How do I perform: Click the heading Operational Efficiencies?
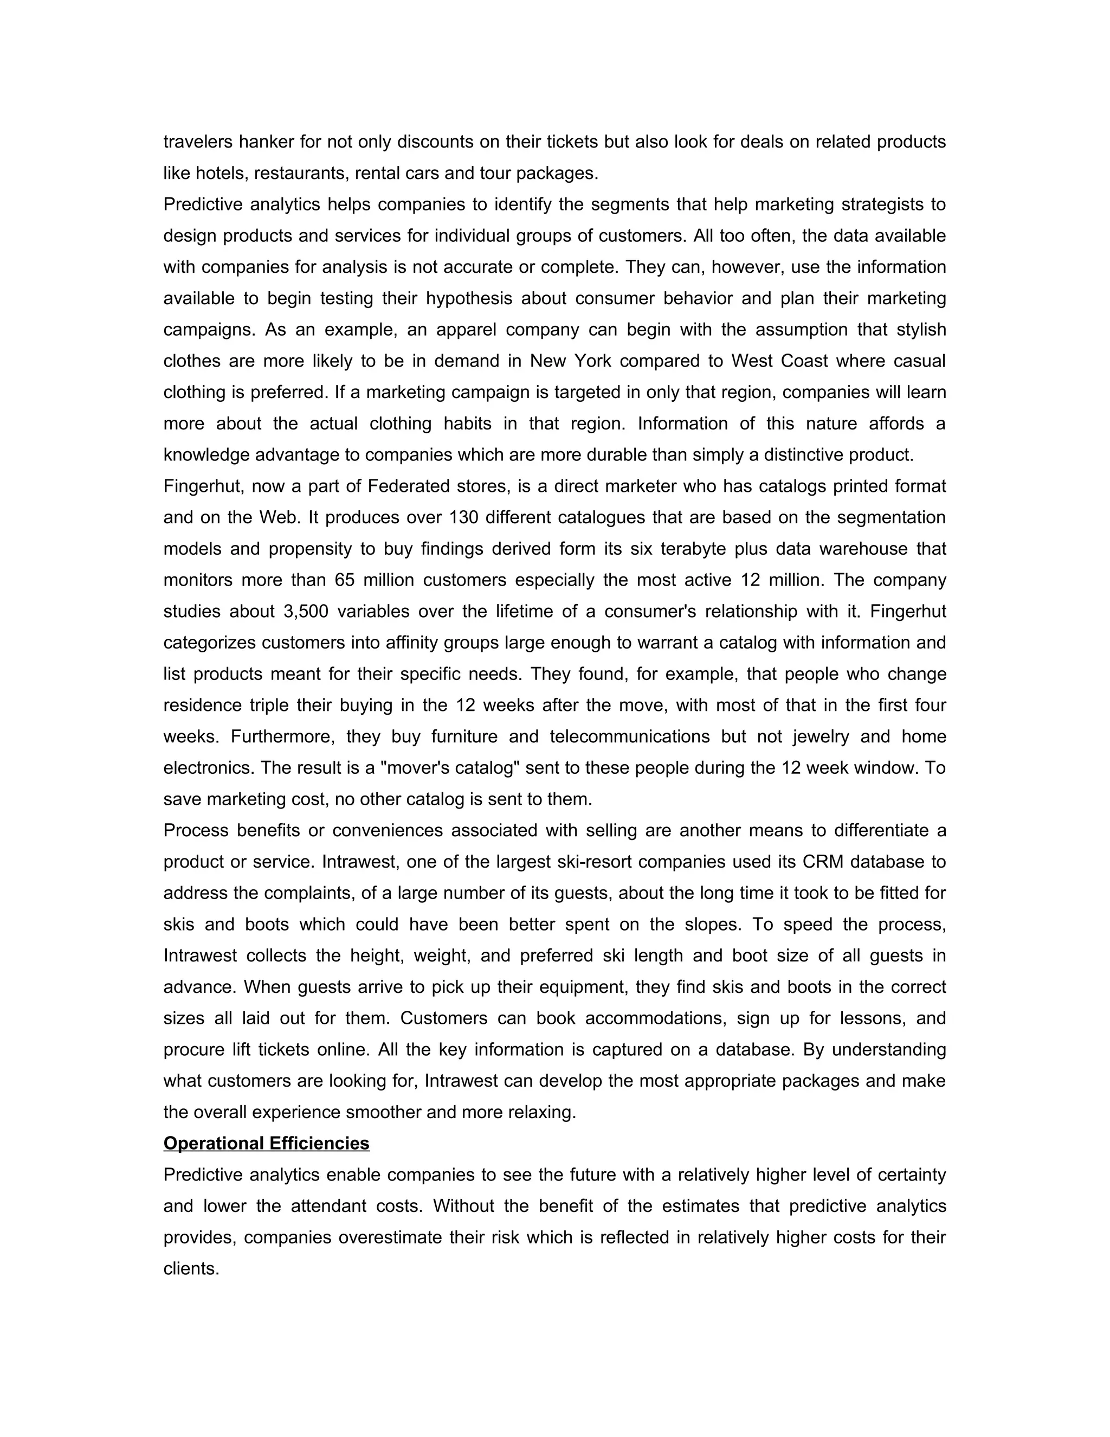coord(266,1144)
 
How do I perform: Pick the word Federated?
coord(413,486)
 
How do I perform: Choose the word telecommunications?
coord(629,737)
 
